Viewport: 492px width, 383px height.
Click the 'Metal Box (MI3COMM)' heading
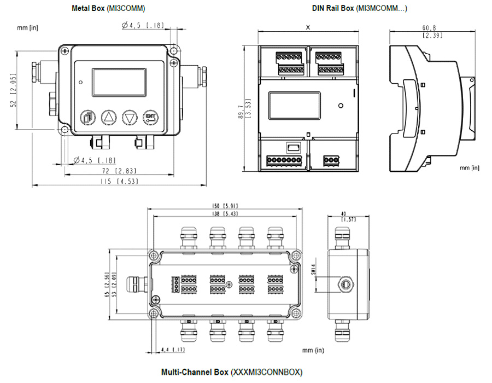(109, 8)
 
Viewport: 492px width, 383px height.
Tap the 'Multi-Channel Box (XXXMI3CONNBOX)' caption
(231, 372)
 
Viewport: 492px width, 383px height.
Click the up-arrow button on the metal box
(109, 117)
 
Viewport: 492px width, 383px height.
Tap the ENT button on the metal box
(150, 117)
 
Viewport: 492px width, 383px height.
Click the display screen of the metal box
(119, 82)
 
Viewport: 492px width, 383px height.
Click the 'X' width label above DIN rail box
(308, 27)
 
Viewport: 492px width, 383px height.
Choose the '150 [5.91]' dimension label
(226, 206)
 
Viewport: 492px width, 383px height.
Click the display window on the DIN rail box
(295, 105)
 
